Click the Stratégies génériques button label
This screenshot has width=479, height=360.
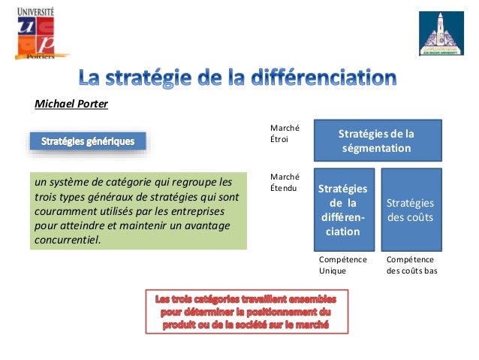coord(88,141)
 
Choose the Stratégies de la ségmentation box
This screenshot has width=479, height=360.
coord(376,141)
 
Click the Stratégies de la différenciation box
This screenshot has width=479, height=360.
coord(343,209)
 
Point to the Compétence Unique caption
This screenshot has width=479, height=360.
coord(343,264)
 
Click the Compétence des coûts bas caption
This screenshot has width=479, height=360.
coord(411,264)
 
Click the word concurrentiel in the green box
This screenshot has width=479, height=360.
coord(67,241)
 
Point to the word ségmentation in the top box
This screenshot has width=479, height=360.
coord(376,148)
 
